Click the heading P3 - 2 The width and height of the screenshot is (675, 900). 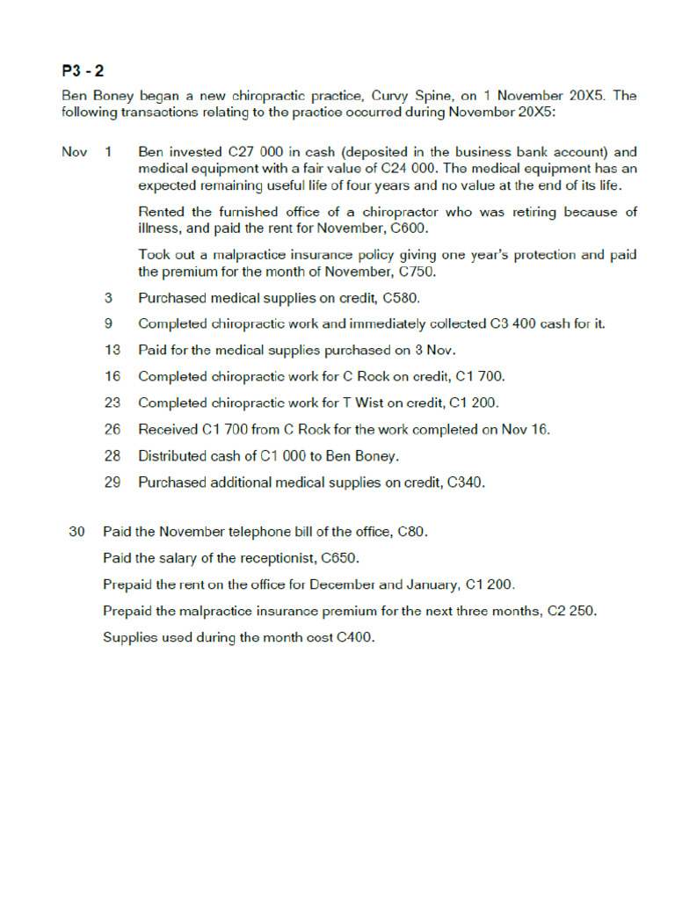(83, 71)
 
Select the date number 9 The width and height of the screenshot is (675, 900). (108, 323)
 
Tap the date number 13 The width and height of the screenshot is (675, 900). (112, 350)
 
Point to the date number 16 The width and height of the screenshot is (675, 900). (112, 376)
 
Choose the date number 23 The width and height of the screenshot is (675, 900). (112, 403)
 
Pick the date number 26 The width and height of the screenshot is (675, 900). (112, 429)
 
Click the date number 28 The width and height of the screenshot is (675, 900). (112, 455)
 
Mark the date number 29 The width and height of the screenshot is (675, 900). (112, 482)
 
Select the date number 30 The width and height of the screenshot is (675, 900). (76, 532)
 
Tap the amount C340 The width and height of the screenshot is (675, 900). (466, 482)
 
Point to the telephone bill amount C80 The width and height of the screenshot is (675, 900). (412, 532)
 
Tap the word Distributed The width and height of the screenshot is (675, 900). (171, 455)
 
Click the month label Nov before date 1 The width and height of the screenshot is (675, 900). (75, 152)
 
